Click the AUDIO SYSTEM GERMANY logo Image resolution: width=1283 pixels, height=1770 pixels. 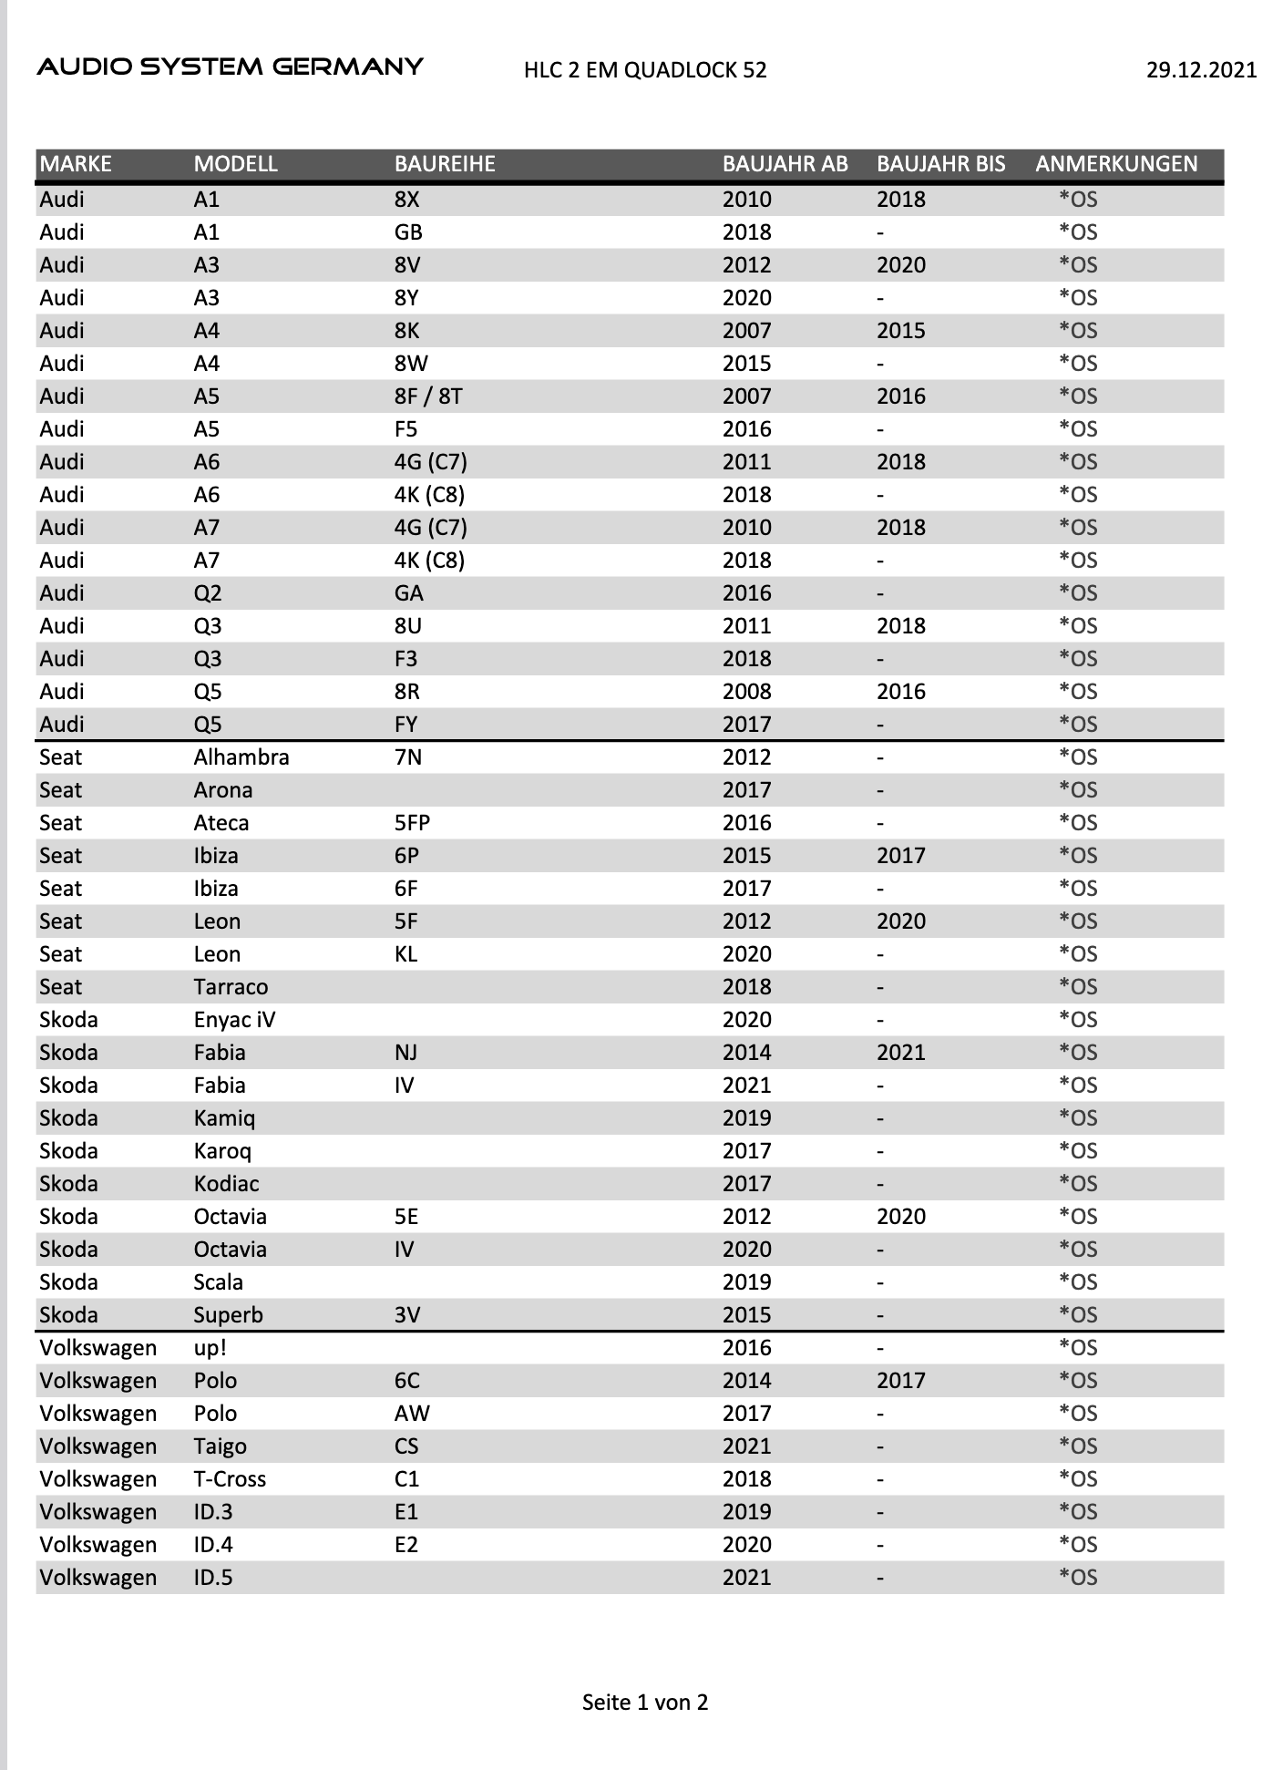point(230,67)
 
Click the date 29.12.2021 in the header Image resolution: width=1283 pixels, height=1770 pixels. point(1201,70)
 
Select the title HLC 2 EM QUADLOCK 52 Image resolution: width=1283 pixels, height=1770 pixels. point(645,70)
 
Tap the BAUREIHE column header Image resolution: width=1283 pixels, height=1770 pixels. point(445,164)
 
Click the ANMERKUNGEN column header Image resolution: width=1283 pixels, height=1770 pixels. point(1116,164)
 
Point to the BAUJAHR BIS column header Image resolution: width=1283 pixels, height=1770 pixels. point(940,164)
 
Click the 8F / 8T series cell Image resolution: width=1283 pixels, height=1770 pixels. point(428,396)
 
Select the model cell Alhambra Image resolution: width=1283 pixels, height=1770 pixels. point(241,757)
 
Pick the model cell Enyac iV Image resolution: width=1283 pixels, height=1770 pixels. point(234,1020)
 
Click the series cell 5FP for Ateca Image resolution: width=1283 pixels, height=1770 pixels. point(412,823)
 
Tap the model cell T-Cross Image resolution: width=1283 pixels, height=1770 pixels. point(230,1479)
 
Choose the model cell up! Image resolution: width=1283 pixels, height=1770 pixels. point(210,1348)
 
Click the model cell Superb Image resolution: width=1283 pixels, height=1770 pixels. point(228,1315)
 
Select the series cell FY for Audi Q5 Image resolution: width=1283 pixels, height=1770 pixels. point(405,725)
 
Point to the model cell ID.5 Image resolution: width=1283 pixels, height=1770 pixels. point(213,1578)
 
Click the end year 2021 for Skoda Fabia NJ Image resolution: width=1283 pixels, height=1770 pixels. point(900,1053)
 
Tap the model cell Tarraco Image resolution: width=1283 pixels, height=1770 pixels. point(231,987)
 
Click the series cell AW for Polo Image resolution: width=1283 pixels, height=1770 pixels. point(412,1414)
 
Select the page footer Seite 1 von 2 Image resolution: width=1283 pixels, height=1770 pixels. point(645,1703)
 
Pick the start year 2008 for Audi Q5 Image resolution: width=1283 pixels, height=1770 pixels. point(746,692)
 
